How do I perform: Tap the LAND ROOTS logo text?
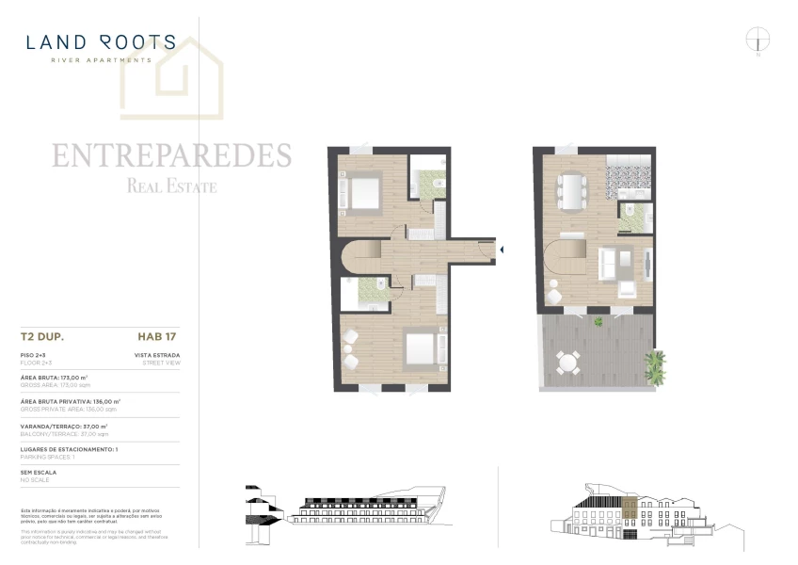pos(101,42)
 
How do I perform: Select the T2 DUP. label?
pos(41,334)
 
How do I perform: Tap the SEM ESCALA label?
pos(39,472)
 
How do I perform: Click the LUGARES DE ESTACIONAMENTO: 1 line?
pos(69,449)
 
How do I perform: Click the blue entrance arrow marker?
pos(503,250)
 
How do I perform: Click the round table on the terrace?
pos(567,362)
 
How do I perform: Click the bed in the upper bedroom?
pos(362,192)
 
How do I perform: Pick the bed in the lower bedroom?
pos(418,348)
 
